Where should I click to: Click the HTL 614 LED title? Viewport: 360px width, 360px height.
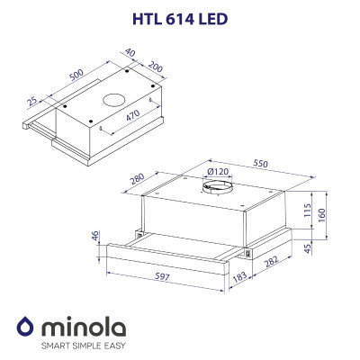click(180, 17)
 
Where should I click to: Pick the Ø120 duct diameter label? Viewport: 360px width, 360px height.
click(218, 170)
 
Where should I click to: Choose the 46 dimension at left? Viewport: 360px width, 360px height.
click(96, 236)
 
